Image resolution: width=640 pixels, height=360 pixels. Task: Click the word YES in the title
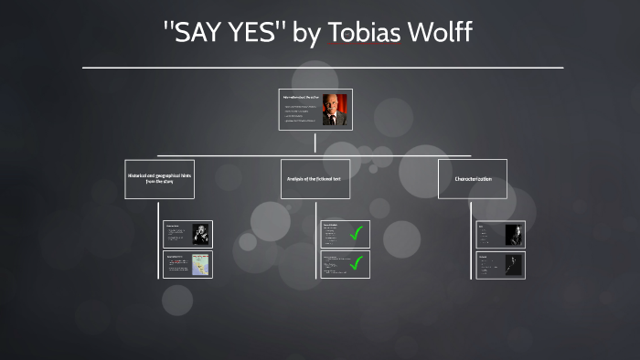(251, 34)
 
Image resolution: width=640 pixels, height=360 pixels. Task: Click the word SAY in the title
(194, 34)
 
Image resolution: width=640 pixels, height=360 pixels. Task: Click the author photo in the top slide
(334, 110)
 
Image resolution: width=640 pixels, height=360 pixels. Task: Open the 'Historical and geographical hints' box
(159, 178)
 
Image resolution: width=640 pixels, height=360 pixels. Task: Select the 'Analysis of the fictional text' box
(314, 178)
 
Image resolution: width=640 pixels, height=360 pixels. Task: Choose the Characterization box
(473, 178)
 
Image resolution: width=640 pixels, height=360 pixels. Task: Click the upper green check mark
(357, 233)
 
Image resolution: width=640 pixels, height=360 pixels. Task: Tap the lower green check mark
(357, 264)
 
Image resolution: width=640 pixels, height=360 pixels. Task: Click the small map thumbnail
(199, 264)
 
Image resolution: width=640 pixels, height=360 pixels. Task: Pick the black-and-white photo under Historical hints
(199, 234)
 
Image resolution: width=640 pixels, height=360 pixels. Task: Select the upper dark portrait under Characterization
(515, 234)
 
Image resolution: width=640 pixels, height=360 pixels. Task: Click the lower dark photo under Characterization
(515, 265)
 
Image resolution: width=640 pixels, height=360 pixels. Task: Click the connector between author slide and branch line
(315, 143)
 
